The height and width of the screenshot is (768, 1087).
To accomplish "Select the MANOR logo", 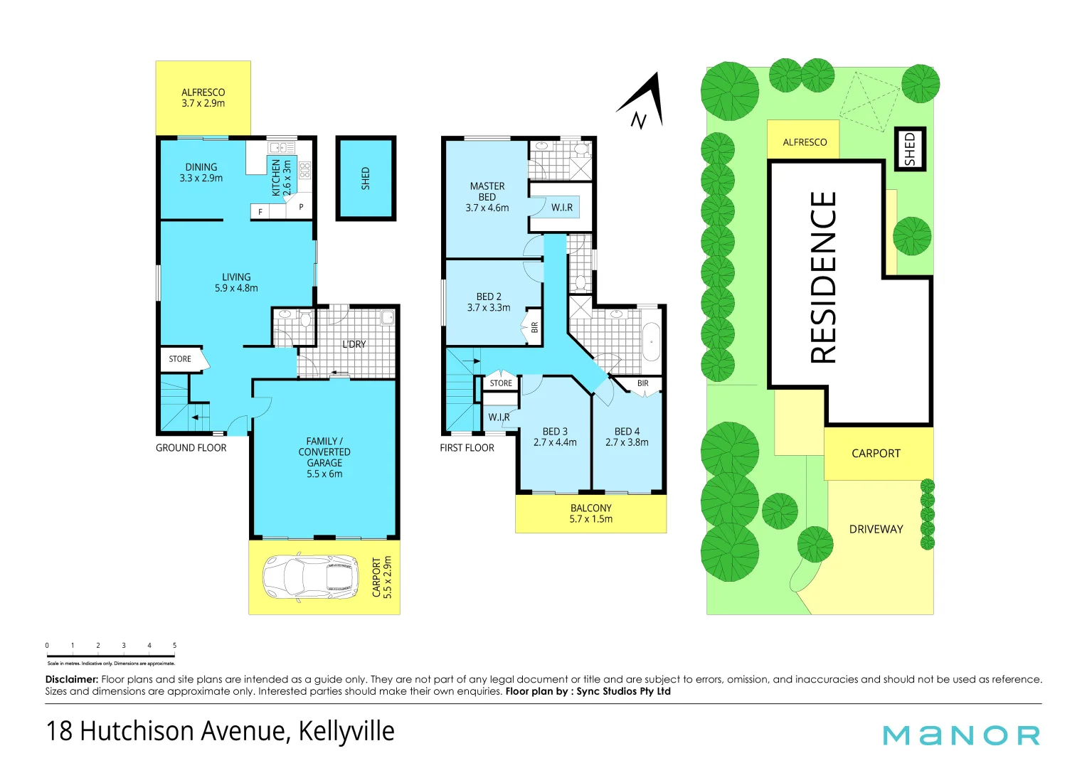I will coord(961,735).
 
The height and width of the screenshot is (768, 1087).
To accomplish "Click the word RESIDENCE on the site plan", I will coord(823,277).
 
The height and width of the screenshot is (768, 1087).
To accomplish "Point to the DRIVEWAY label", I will coord(876,529).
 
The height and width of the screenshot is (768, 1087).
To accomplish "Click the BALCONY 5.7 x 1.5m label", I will coord(590,513).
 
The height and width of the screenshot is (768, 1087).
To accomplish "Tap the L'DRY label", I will coord(354,344).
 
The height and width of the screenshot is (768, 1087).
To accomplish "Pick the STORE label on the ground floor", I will coord(180,359).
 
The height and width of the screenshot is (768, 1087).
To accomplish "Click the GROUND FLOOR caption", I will coord(191,448).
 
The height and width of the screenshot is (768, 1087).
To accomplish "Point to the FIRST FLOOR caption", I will coord(467,448).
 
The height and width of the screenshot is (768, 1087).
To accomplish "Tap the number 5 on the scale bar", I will coord(174,646).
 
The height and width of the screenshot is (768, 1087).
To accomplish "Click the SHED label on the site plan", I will coord(909,149).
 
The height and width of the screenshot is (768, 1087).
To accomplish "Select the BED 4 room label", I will coord(627,437).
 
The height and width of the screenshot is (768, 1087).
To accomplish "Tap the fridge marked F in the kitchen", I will coord(260,212).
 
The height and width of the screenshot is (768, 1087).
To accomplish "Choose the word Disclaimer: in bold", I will coord(71,679).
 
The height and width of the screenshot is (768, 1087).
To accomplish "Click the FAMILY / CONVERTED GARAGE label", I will coord(324,457).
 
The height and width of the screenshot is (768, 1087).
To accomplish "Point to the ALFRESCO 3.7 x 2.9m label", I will coord(203,97).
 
